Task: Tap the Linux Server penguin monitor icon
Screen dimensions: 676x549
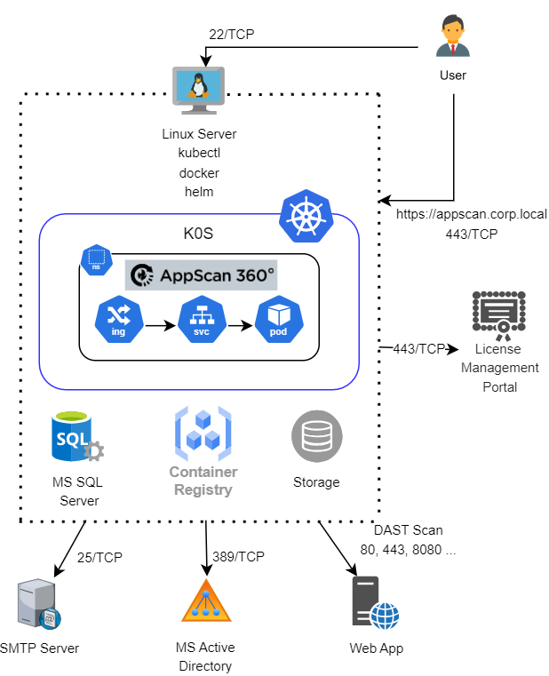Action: point(198,91)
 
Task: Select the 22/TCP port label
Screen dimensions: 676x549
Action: point(233,35)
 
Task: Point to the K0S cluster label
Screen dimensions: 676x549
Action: point(198,237)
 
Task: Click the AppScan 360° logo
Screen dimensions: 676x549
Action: point(202,275)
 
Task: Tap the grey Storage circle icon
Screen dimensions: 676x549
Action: point(316,436)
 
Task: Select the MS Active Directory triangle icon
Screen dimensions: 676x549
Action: point(205,600)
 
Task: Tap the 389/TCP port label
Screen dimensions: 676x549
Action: point(239,557)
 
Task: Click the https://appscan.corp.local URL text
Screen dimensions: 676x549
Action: point(472,214)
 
